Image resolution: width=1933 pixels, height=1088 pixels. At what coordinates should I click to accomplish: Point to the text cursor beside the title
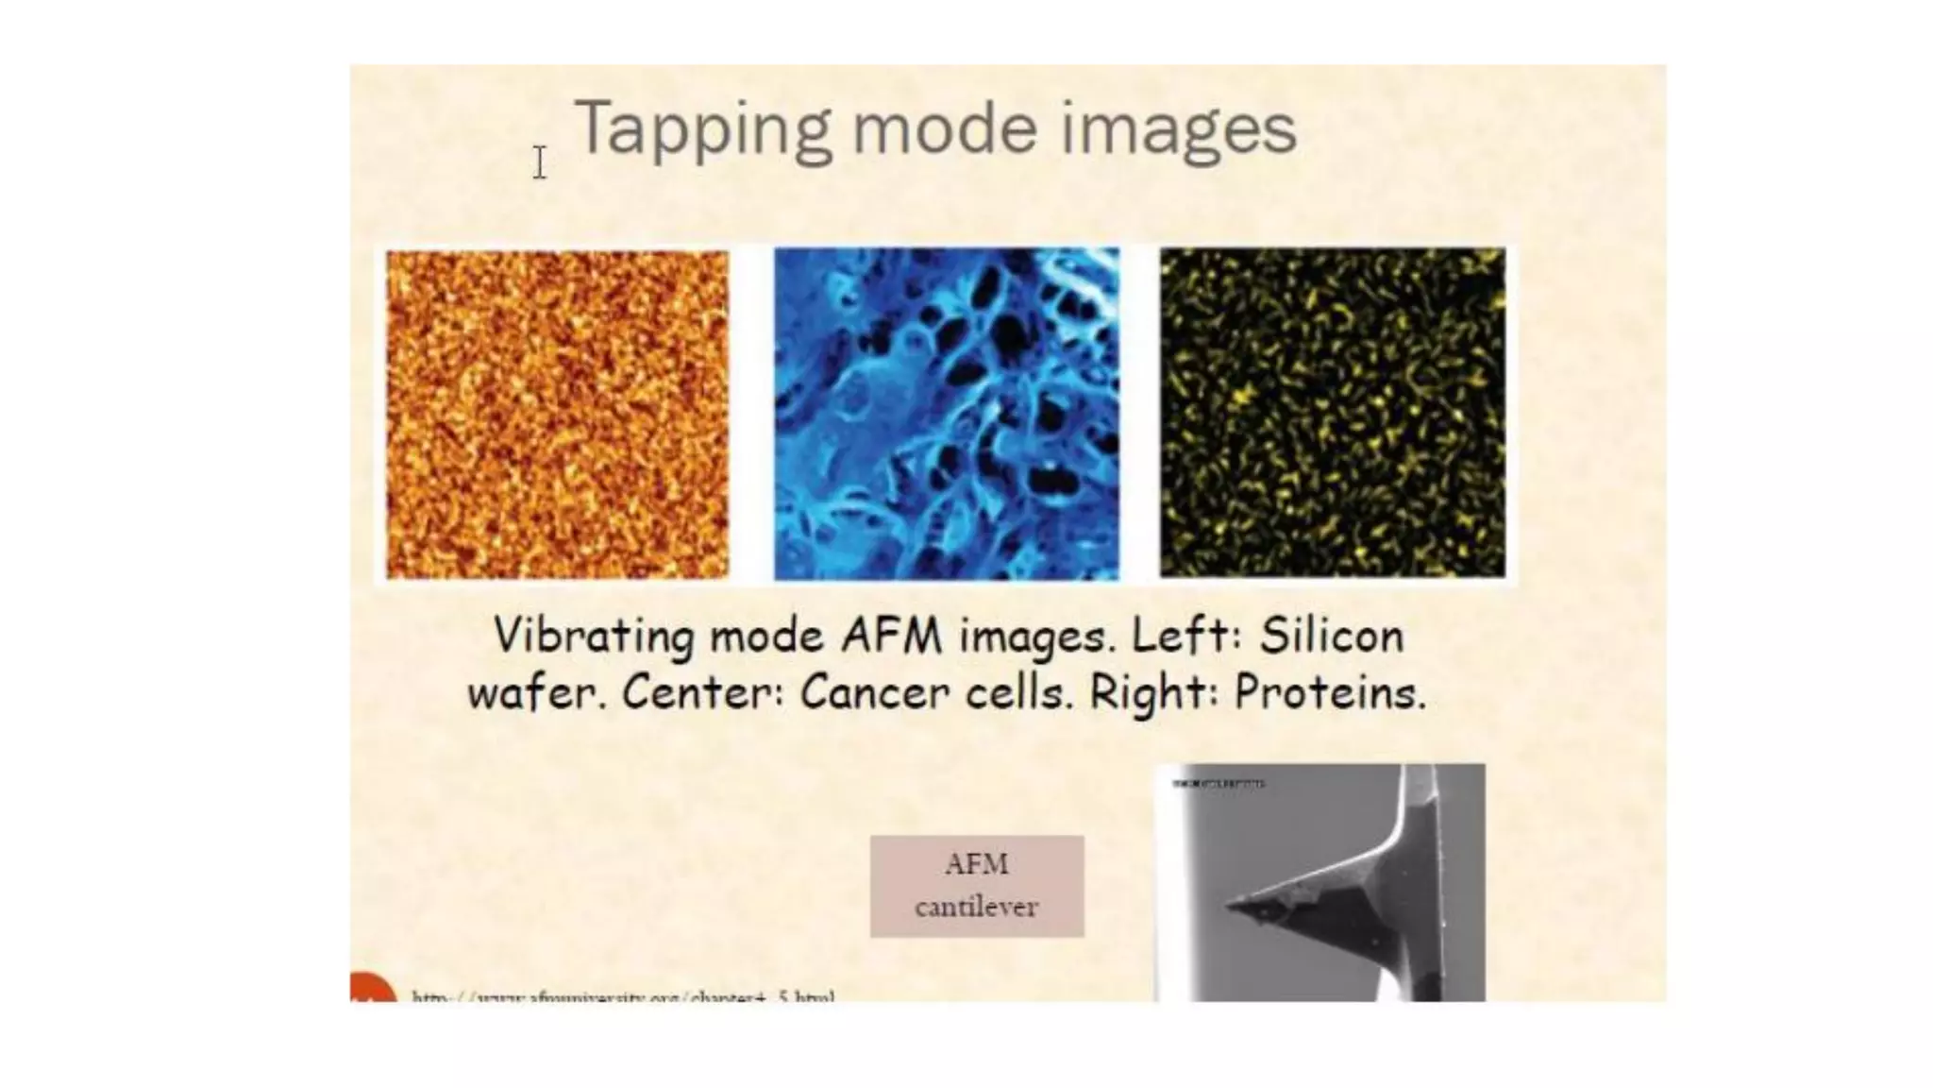[x=539, y=162]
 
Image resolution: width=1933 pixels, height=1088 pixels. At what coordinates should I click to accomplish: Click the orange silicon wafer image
[x=557, y=414]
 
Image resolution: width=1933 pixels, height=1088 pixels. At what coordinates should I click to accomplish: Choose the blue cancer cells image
[x=947, y=414]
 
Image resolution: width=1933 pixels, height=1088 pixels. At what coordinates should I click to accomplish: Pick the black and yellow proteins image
[x=1332, y=413]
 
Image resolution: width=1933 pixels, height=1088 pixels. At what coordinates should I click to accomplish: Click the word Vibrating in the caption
[x=595, y=636]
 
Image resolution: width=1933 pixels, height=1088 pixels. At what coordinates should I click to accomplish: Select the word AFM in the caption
[x=891, y=636]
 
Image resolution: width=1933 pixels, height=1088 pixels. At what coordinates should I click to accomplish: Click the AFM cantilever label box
[x=976, y=886]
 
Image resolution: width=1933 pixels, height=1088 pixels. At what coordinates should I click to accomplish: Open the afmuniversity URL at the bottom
[x=623, y=996]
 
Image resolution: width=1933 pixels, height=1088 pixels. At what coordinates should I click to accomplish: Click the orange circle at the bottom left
[x=372, y=990]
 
